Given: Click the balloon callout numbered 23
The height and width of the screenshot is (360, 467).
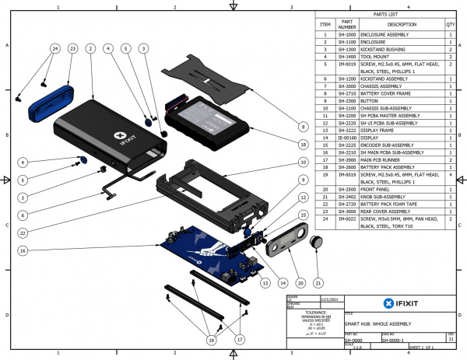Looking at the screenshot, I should tap(72, 48).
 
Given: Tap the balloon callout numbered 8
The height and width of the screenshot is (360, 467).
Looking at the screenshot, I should tap(302, 126).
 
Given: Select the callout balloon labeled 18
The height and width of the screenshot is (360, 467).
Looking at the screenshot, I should tap(302, 143).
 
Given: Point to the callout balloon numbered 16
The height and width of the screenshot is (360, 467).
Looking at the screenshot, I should tap(23, 251).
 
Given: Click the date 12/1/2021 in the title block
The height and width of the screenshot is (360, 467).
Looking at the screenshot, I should tap(328, 298).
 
